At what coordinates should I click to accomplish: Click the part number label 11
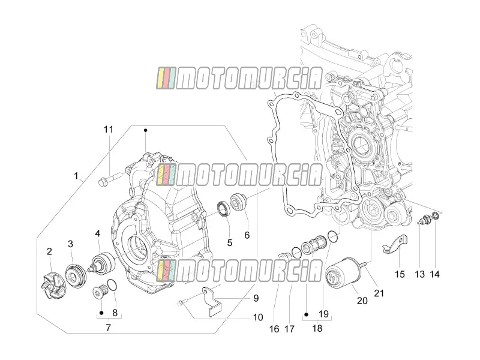(109, 130)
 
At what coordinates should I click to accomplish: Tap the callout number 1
(76, 176)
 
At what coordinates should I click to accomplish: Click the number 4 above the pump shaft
(97, 234)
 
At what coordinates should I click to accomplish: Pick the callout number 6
(247, 235)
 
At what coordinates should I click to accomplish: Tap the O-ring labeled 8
(112, 284)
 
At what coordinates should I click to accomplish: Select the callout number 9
(256, 298)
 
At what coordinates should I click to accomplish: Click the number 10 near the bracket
(258, 317)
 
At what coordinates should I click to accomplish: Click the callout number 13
(419, 274)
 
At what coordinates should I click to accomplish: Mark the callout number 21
(379, 293)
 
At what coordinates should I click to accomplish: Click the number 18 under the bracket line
(317, 328)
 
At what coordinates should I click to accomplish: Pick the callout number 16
(274, 329)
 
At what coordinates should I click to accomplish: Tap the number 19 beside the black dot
(323, 314)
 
